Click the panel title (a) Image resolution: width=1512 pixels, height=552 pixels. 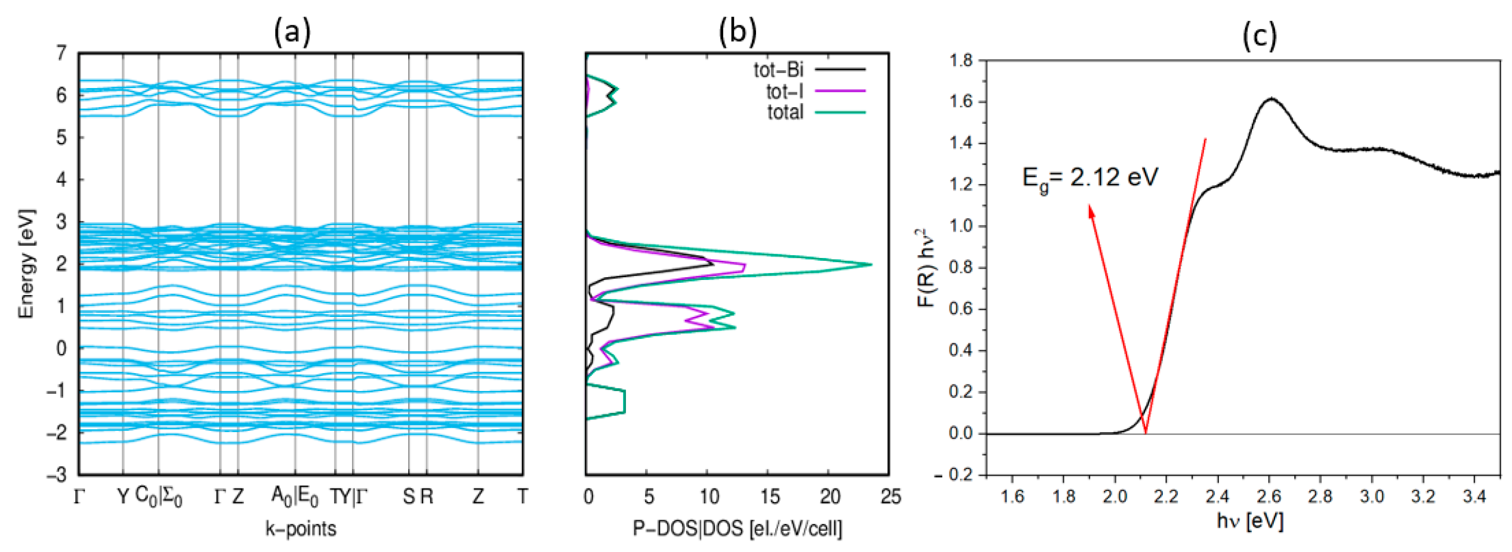(x=292, y=33)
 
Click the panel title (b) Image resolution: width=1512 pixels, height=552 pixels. (x=737, y=33)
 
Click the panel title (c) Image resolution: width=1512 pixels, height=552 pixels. (x=1260, y=37)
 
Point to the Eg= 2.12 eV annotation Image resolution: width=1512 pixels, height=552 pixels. (x=1090, y=177)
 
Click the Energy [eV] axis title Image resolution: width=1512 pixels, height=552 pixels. (x=26, y=264)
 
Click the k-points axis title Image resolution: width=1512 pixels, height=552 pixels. (x=301, y=529)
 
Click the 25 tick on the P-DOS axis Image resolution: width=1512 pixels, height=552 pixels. (x=890, y=497)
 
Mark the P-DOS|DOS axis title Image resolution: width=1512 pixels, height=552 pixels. (x=737, y=529)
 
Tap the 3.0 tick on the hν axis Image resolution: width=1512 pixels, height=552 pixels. (x=1371, y=497)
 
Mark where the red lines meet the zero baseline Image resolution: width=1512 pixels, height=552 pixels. (x=1145, y=434)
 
